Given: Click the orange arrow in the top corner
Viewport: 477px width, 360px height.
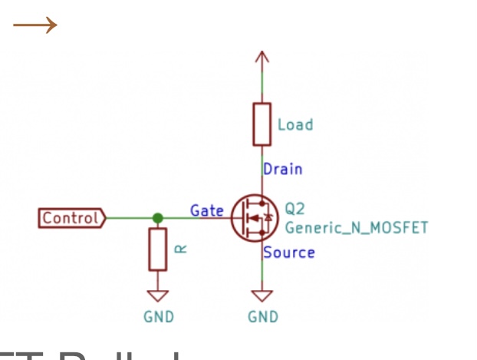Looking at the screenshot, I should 35,25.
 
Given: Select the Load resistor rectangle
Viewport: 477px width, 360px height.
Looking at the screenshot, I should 262,124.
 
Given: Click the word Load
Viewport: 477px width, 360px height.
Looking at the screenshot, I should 295,124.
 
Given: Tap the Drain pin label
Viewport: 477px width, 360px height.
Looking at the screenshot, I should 282,169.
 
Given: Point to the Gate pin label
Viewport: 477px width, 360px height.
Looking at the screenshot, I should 207,210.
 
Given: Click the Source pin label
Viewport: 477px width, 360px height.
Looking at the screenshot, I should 288,252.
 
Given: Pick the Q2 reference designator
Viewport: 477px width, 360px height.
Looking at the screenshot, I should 295,208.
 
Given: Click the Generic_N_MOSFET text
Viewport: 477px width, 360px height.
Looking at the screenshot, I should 356,227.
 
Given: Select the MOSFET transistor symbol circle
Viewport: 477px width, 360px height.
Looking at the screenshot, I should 254,218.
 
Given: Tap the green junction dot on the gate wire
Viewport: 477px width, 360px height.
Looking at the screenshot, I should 158,218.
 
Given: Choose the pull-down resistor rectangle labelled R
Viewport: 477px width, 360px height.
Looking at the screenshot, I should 158,249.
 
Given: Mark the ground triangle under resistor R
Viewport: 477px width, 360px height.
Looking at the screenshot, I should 158,296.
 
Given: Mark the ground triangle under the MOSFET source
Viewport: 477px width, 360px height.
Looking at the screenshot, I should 262,296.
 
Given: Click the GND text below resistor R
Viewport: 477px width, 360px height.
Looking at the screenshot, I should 159,316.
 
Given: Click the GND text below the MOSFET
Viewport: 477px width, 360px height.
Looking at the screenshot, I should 263,316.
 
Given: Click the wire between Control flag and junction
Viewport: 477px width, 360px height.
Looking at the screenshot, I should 130,218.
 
